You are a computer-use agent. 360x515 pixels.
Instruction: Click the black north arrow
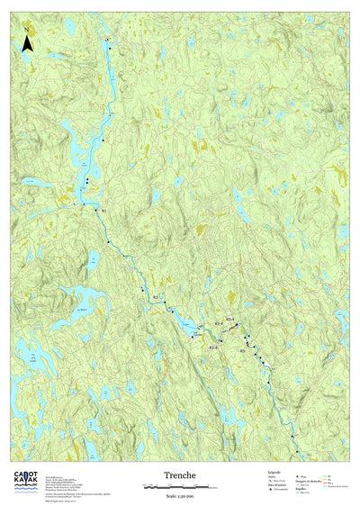point(28,41)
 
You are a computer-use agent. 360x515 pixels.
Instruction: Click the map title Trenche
point(179,474)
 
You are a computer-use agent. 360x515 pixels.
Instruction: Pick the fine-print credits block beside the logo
point(74,481)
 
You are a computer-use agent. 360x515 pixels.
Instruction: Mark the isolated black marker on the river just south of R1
point(109,243)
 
